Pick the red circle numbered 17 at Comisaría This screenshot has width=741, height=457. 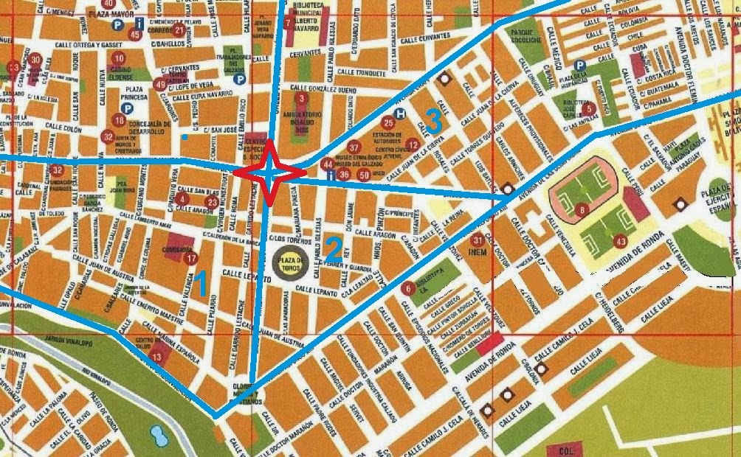[191, 259]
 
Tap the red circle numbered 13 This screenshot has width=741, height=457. [156, 357]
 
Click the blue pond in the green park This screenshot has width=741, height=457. [157, 436]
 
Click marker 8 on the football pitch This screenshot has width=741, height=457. [583, 211]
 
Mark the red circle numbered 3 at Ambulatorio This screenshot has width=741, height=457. [300, 98]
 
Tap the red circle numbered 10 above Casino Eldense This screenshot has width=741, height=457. [120, 58]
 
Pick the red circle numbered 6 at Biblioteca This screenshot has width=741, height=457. [407, 288]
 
